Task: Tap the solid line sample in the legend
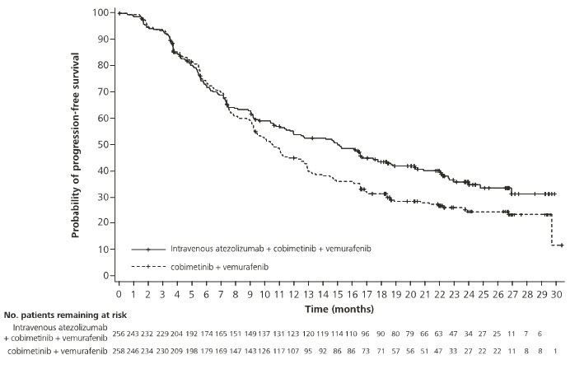click(x=148, y=248)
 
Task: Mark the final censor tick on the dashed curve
click(x=561, y=245)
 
